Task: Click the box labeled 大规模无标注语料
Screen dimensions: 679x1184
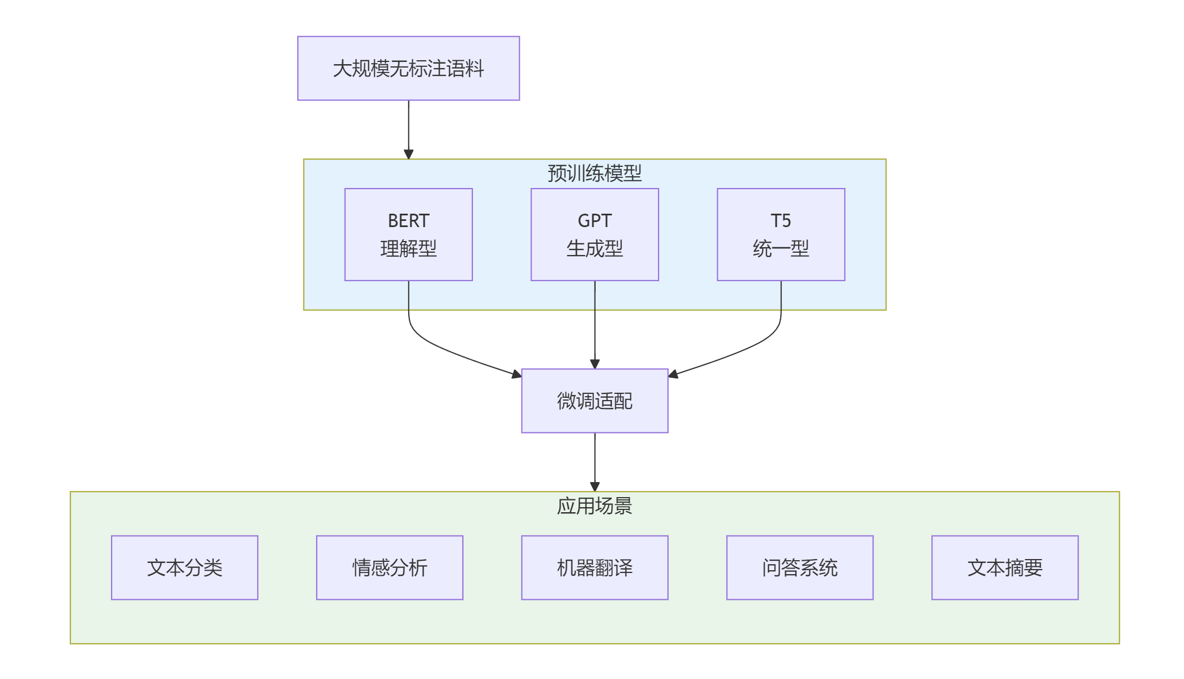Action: [408, 69]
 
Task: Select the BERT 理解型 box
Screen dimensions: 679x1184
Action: [408, 234]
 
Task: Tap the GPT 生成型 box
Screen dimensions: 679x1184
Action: [595, 234]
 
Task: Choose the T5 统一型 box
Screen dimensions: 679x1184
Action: [781, 234]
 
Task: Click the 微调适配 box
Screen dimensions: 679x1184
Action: [595, 401]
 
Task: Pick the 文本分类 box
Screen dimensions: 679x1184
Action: [185, 567]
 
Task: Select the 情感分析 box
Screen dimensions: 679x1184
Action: [389, 567]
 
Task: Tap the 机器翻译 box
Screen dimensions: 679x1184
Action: [595, 567]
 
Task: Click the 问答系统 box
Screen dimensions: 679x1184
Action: [800, 567]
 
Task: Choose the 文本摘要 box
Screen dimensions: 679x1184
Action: [1004, 567]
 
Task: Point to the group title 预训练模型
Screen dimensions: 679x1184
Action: [595, 174]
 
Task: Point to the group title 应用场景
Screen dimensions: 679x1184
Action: [595, 506]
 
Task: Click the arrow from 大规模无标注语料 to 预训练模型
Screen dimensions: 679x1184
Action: [408, 128]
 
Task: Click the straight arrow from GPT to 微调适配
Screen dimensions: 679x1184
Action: [595, 329]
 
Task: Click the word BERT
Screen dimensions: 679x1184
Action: [408, 221]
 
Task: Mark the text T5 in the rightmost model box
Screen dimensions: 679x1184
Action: [781, 221]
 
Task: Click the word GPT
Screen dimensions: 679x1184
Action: [595, 221]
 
